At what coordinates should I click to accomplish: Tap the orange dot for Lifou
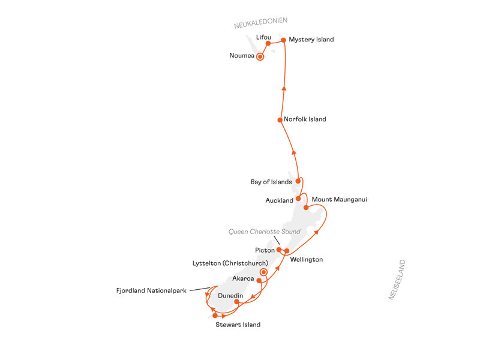[x=268, y=43]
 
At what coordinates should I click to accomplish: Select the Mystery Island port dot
[x=283, y=40]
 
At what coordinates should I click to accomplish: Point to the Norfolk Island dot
[x=280, y=120]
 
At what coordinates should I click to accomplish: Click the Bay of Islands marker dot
[x=298, y=181]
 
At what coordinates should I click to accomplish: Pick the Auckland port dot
[x=298, y=199]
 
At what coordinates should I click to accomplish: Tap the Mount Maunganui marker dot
[x=306, y=208]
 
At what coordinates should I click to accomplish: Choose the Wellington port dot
[x=287, y=251]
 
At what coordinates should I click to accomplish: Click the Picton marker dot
[x=279, y=250]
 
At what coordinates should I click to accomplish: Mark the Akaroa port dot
[x=259, y=280]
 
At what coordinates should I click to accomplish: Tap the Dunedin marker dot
[x=236, y=302]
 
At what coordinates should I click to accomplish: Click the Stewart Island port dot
[x=215, y=316]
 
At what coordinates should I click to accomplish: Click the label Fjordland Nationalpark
[x=151, y=290]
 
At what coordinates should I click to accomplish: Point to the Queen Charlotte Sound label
[x=265, y=232]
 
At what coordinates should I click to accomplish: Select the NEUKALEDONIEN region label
[x=261, y=23]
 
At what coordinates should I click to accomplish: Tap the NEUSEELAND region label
[x=397, y=280]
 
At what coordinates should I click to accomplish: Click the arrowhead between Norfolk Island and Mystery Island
[x=284, y=88]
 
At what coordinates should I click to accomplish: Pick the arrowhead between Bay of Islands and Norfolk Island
[x=294, y=152]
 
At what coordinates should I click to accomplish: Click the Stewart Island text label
[x=238, y=325]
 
